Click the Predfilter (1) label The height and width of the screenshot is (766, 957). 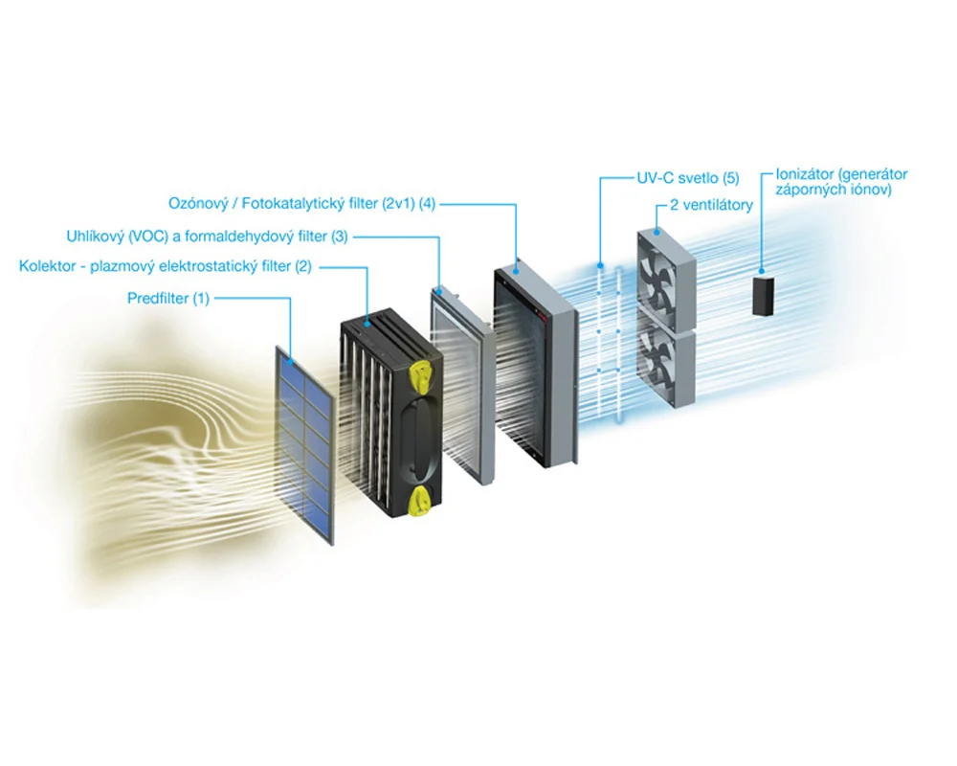click(x=167, y=299)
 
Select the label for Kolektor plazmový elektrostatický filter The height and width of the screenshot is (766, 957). click(x=166, y=266)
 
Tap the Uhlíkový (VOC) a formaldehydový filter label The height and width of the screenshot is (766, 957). click(x=207, y=237)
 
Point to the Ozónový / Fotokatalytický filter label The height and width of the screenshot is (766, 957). click(x=302, y=203)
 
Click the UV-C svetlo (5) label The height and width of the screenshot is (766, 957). click(x=688, y=178)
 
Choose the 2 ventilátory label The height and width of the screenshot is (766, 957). click(x=712, y=205)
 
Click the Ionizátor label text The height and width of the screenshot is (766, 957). click(x=841, y=182)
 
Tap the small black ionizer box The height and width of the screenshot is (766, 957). click(x=763, y=296)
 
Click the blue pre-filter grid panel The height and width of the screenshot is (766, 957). click(x=304, y=444)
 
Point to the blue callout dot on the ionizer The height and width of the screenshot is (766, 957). click(x=762, y=271)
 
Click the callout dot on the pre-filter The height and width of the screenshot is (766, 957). click(x=291, y=362)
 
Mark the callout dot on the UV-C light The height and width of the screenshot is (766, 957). click(x=601, y=266)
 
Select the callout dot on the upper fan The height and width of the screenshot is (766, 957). click(x=657, y=232)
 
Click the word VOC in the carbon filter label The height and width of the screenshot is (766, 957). click(x=149, y=237)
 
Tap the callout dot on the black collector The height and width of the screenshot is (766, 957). click(x=367, y=322)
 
